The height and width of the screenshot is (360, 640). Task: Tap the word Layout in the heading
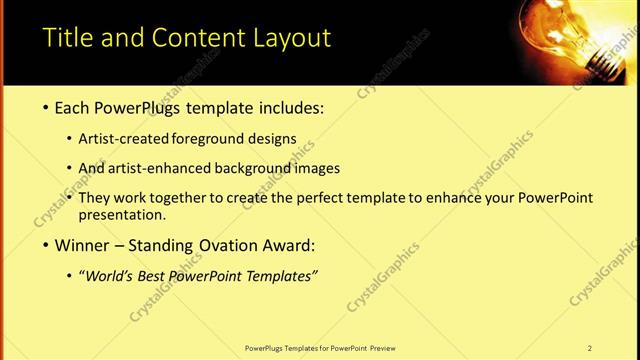[x=291, y=39]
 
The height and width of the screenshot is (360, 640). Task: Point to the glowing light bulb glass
[x=564, y=25]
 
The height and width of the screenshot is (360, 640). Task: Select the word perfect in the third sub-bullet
[x=316, y=198]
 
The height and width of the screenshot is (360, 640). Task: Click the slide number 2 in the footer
[x=589, y=348]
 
